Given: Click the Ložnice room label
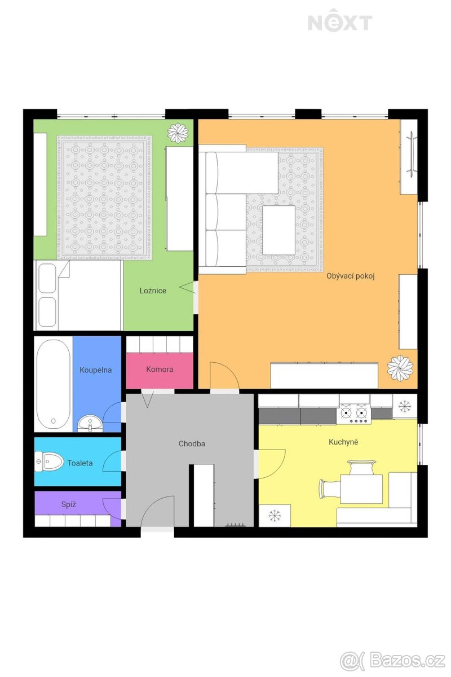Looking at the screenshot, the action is click(153, 291).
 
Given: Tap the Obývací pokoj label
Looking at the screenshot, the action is click(351, 276).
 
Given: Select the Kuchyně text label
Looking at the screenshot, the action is click(343, 442).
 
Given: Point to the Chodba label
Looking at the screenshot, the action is click(192, 443).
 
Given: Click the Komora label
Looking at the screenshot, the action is click(160, 369).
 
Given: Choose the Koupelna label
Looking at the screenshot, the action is click(95, 370).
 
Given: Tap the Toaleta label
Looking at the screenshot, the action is click(79, 463).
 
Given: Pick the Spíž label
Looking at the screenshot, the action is click(69, 504).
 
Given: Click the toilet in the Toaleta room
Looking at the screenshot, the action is click(48, 461).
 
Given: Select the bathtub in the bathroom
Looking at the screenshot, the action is click(54, 384).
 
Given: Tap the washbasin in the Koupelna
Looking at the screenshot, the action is click(90, 423).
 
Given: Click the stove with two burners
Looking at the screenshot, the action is click(354, 413).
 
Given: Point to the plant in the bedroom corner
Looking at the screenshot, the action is click(178, 133).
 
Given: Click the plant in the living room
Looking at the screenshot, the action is click(400, 368).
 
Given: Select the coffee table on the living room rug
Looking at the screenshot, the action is click(279, 230).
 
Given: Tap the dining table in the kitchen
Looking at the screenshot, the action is click(361, 489).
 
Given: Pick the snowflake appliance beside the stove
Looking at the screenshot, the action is click(404, 407).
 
